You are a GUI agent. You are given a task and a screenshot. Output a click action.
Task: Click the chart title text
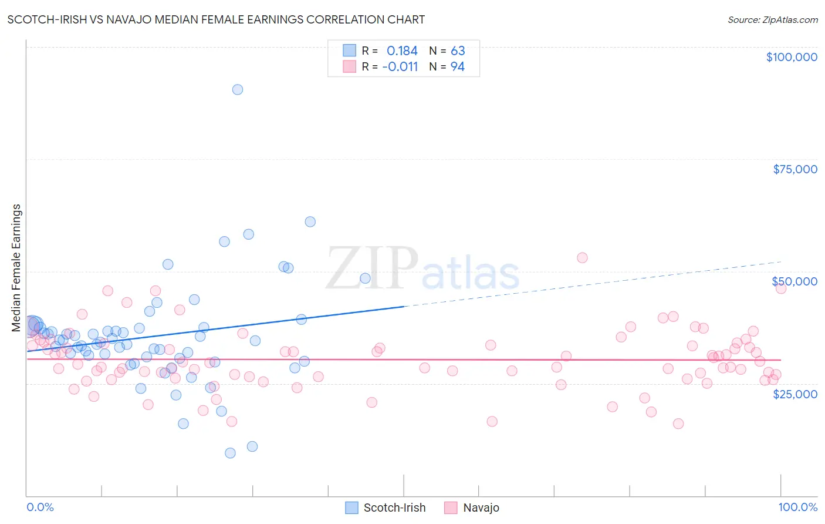216,19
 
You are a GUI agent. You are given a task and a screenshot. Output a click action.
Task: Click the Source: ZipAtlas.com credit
772,20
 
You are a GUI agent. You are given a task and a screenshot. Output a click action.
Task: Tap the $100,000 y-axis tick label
791,57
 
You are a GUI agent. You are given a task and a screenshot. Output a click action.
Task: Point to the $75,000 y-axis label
794,169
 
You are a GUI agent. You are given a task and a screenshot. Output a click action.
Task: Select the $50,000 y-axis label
794,281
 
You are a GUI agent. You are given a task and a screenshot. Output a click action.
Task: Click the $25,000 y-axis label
794,394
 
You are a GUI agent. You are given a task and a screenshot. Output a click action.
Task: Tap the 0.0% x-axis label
40,507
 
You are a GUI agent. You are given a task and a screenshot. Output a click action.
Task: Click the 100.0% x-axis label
797,507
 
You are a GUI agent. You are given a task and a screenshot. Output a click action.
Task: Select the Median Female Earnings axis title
16,268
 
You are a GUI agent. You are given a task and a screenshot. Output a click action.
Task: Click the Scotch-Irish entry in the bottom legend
394,508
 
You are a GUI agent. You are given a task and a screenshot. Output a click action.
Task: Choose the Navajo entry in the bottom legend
481,508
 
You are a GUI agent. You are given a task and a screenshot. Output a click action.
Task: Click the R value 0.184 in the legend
402,51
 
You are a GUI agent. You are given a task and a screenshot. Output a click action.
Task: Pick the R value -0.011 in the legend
400,67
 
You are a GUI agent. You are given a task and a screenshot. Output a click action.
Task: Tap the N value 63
458,51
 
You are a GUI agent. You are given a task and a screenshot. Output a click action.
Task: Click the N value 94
458,67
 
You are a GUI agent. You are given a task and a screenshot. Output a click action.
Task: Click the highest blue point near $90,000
238,89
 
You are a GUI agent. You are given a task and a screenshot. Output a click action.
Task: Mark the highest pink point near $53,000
582,257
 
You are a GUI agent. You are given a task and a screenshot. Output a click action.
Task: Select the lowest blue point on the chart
230,453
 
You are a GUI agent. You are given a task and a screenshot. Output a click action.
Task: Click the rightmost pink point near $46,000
780,288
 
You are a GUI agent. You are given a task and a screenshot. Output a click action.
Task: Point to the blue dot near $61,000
310,221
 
